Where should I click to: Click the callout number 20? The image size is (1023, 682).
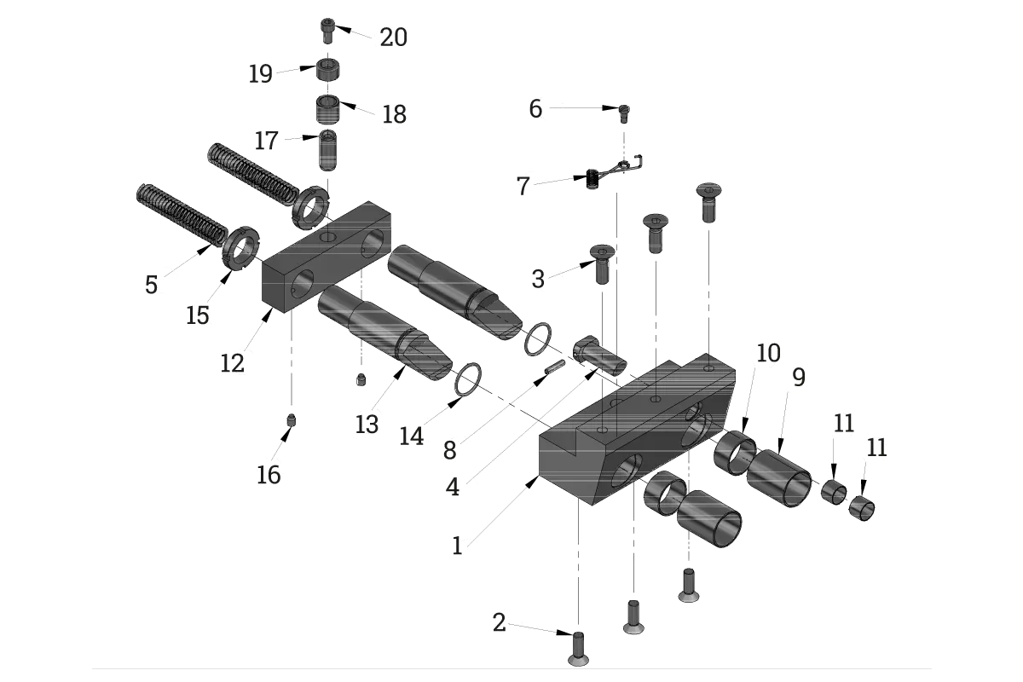click(x=393, y=37)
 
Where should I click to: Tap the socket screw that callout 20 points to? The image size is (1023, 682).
click(x=327, y=31)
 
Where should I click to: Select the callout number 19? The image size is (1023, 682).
click(x=260, y=73)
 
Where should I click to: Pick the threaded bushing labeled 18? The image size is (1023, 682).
click(x=328, y=109)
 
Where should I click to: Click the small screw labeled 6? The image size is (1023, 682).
click(x=624, y=113)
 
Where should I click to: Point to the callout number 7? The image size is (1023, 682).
click(x=523, y=187)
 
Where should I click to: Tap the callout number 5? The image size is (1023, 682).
click(x=151, y=285)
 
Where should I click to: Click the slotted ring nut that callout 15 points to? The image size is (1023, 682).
click(x=240, y=248)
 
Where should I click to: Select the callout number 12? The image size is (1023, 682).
click(x=232, y=364)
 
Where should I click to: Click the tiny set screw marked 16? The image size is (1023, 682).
click(x=292, y=419)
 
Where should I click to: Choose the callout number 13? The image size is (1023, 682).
click(x=367, y=425)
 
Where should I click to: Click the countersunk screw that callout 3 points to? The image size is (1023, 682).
click(x=603, y=263)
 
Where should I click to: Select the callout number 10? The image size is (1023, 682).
click(x=769, y=353)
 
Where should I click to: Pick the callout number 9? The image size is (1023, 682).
click(x=799, y=378)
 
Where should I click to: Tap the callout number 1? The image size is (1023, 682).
click(x=457, y=546)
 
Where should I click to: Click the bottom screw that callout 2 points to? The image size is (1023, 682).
click(x=578, y=649)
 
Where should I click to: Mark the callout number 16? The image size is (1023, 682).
click(x=269, y=475)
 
